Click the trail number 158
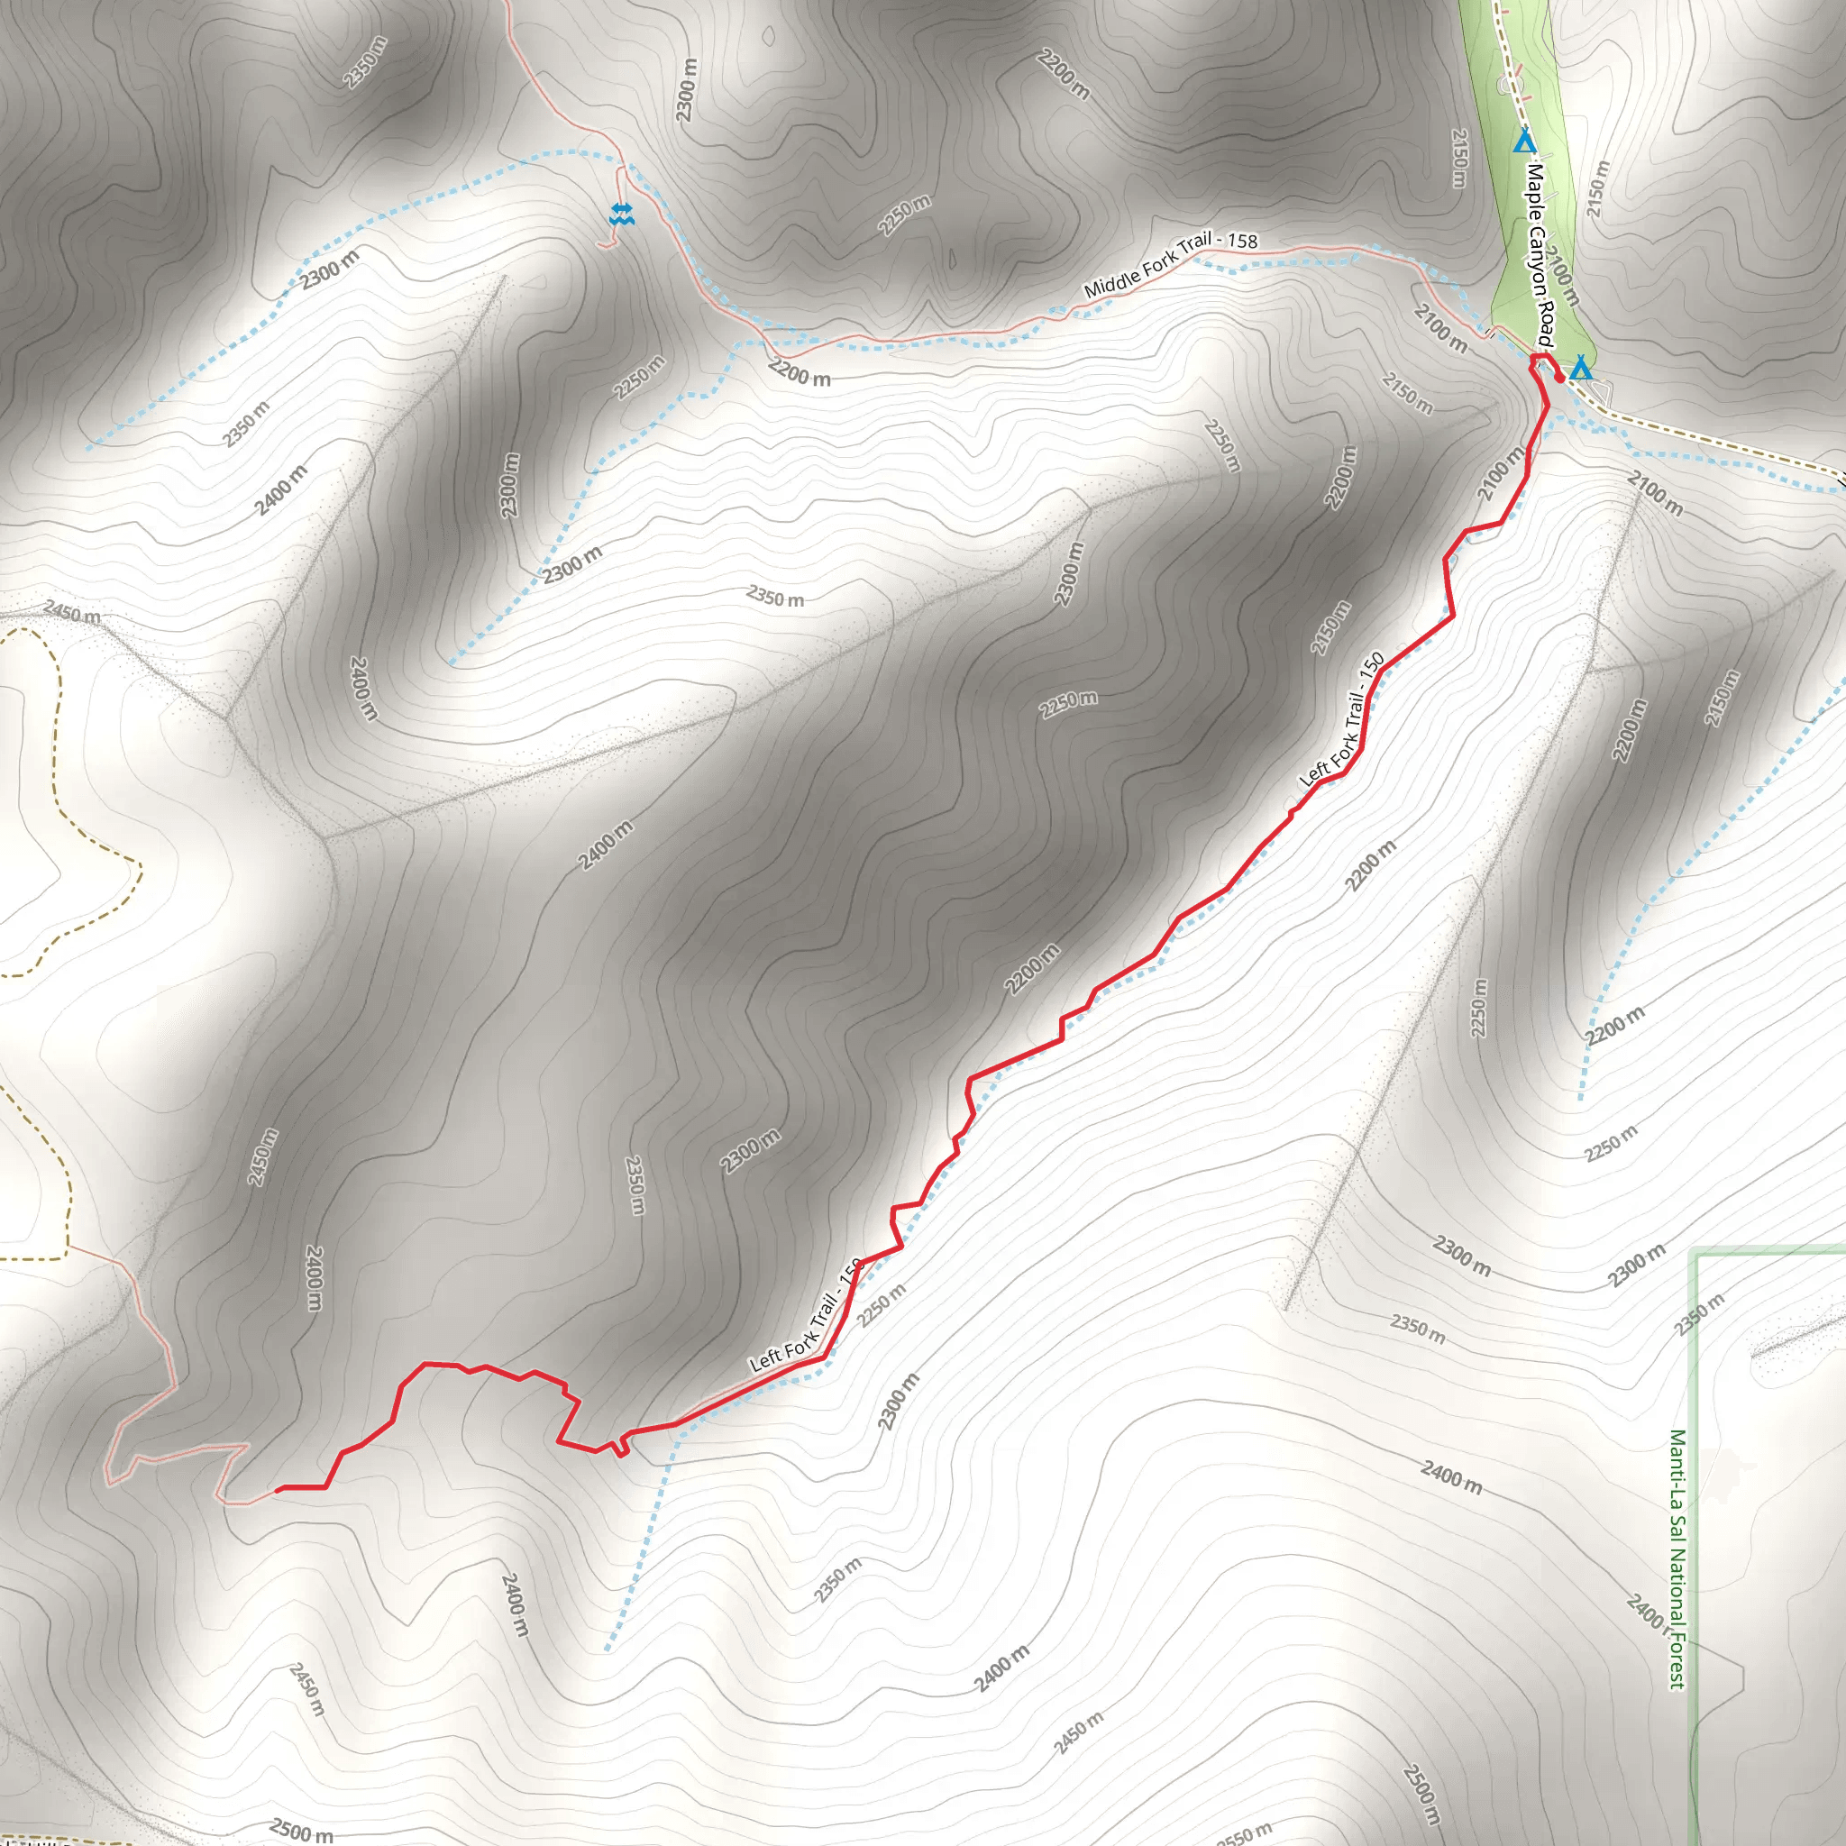[x=1242, y=241]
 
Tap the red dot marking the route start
[x=1559, y=379]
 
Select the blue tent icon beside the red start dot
[x=1581, y=368]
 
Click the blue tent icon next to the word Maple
[x=1524, y=143]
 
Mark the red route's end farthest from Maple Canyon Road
[x=278, y=1490]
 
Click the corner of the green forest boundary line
[x=1697, y=1254]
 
